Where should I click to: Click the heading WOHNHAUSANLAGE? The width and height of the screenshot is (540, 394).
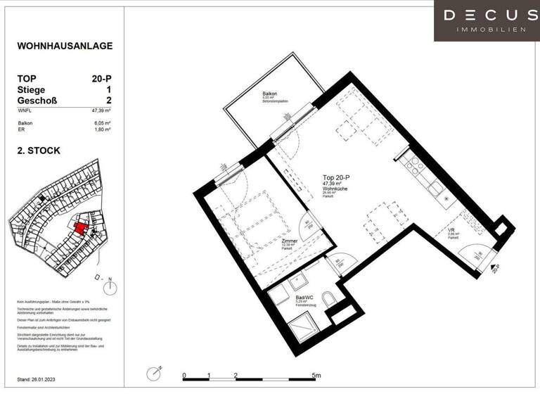[x=65, y=46]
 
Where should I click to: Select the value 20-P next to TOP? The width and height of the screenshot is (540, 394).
[x=103, y=79]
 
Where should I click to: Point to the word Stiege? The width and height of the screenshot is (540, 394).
[x=32, y=90]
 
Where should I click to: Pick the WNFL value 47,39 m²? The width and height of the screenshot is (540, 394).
[x=102, y=110]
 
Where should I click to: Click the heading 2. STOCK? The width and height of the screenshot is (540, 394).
[x=39, y=151]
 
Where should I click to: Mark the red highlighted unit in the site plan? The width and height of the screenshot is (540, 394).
[x=82, y=227]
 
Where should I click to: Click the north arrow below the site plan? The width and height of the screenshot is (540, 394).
[x=110, y=285]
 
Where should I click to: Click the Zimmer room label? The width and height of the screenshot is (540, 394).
[x=289, y=241]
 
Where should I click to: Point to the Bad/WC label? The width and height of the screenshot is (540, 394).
[x=304, y=297]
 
